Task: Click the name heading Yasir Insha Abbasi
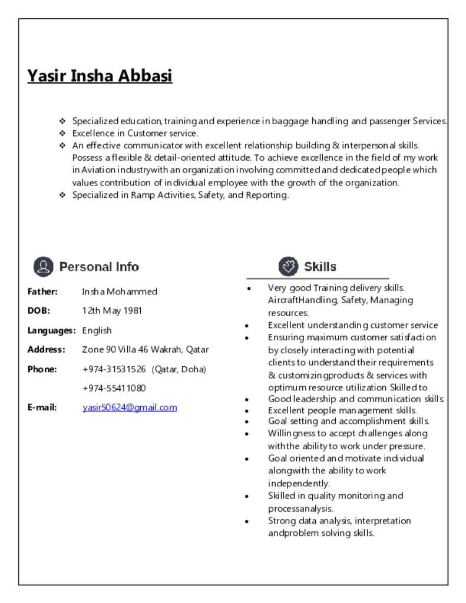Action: (x=100, y=76)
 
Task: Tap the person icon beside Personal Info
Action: (x=43, y=267)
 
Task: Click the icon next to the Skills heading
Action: (x=288, y=266)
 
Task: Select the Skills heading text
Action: (x=320, y=267)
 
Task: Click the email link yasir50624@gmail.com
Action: (x=130, y=407)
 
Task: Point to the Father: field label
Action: (x=42, y=291)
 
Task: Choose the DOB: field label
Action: (x=39, y=310)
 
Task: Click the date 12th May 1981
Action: (x=112, y=310)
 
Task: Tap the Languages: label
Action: (x=51, y=330)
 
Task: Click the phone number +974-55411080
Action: (x=114, y=388)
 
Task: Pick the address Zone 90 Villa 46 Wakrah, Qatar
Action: (x=146, y=349)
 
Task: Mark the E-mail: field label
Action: (x=42, y=407)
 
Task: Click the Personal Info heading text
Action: (x=99, y=267)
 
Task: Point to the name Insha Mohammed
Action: (x=120, y=291)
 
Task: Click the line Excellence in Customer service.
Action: (x=135, y=133)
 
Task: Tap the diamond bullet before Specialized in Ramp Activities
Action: (x=62, y=195)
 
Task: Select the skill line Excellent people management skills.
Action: (x=342, y=410)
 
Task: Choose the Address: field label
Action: (x=46, y=349)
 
